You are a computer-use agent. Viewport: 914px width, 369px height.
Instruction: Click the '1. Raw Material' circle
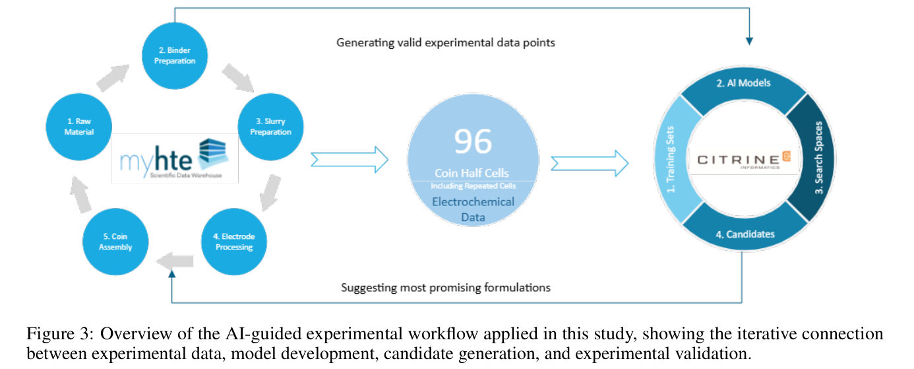pyautogui.click(x=78, y=127)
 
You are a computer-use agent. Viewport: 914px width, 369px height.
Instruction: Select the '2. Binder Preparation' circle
pyautogui.click(x=175, y=55)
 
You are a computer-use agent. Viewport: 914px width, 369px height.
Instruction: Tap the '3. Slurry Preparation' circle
pyautogui.click(x=270, y=127)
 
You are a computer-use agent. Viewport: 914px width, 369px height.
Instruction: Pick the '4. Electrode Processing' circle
pyautogui.click(x=234, y=242)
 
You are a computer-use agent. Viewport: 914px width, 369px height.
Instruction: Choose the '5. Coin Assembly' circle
pyautogui.click(x=115, y=242)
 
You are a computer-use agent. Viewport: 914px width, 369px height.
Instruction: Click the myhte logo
pyautogui.click(x=175, y=159)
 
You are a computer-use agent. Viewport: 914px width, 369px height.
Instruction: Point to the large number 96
pyautogui.click(x=473, y=141)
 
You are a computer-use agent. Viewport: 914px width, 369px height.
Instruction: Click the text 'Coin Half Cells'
pyautogui.click(x=472, y=173)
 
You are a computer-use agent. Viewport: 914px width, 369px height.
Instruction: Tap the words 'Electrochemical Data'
pyautogui.click(x=473, y=209)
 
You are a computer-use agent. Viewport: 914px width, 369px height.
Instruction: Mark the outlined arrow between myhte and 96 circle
pyautogui.click(x=350, y=159)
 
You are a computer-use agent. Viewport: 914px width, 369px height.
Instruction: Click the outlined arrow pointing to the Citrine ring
pyautogui.click(x=590, y=164)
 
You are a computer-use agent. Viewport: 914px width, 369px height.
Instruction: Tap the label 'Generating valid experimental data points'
pyautogui.click(x=446, y=42)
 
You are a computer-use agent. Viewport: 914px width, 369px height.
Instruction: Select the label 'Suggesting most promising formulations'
pyautogui.click(x=446, y=288)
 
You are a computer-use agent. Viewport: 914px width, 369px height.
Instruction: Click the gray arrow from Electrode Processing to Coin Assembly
pyautogui.click(x=175, y=261)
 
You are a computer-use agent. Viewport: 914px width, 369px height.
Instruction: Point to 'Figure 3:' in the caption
pyautogui.click(x=61, y=334)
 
